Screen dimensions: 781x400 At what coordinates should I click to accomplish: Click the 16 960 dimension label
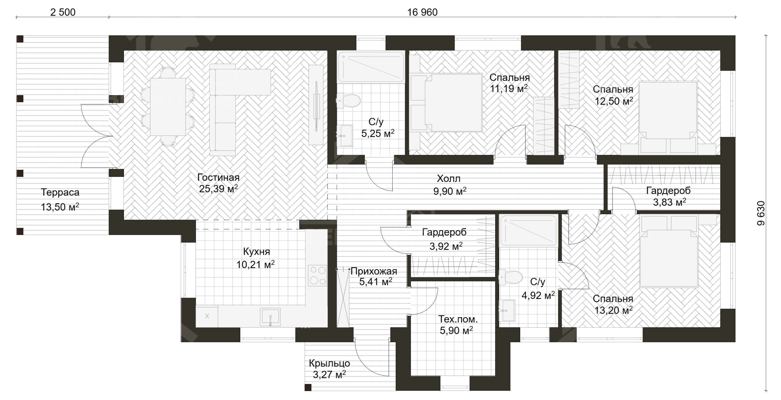422,12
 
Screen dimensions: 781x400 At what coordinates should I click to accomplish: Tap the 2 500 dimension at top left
63,12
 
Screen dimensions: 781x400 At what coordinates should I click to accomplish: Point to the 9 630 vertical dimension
761,213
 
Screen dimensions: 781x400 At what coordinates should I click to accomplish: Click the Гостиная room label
218,177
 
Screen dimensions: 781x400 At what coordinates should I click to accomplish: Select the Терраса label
60,192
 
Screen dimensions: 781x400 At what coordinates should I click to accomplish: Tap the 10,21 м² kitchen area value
255,264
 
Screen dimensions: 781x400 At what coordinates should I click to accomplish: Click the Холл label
448,178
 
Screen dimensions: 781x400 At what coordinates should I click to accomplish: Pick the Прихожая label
374,271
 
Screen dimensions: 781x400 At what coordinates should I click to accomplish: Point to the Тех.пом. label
458,319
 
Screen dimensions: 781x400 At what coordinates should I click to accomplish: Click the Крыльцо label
329,363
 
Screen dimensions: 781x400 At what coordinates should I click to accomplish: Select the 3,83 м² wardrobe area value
670,202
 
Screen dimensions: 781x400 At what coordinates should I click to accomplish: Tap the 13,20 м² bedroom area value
613,310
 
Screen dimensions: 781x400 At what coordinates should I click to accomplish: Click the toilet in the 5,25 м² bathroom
348,100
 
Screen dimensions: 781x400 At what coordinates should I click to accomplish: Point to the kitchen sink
270,317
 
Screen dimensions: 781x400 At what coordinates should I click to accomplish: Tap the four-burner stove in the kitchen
317,275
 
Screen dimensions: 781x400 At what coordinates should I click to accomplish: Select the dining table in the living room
168,107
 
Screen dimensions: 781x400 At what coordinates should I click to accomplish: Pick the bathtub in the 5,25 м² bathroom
371,67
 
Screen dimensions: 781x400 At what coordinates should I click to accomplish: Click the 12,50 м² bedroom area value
614,101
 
